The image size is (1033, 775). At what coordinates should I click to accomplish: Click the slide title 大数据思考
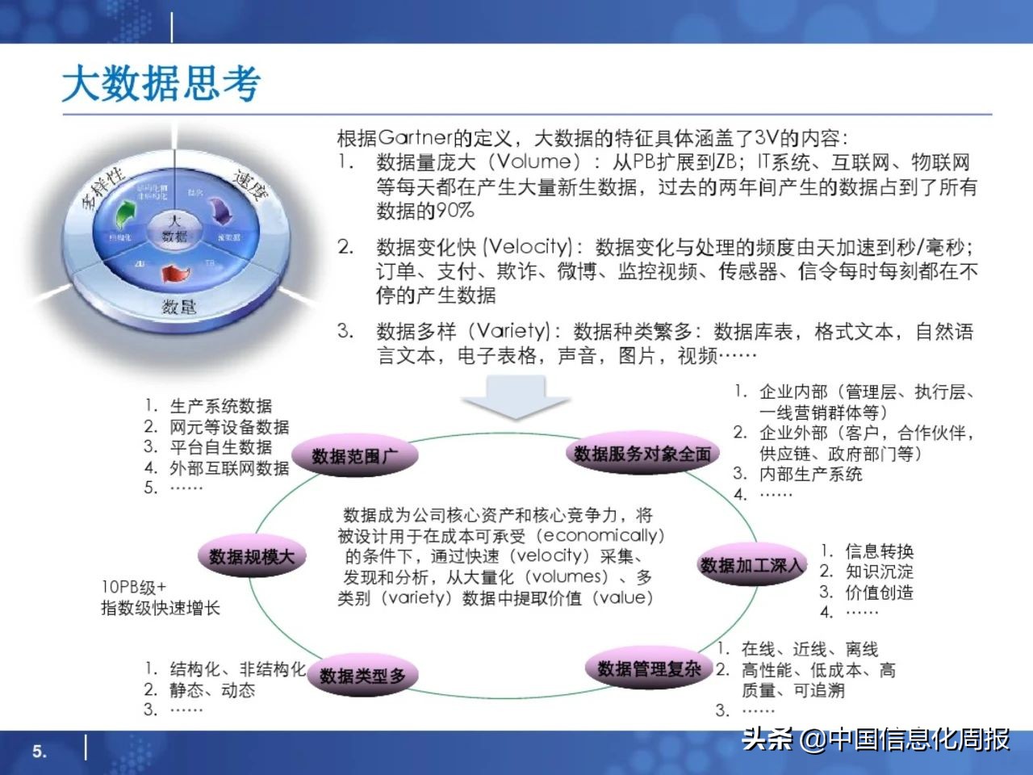click(161, 84)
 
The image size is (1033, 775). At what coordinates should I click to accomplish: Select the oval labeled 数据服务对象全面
click(642, 454)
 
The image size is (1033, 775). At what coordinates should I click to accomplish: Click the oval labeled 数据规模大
click(252, 556)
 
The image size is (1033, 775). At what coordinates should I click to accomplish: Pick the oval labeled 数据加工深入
click(751, 565)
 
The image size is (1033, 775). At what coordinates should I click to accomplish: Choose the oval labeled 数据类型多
click(362, 676)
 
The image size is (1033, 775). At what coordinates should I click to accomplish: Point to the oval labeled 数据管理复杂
click(649, 668)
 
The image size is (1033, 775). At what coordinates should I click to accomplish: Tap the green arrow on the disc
click(124, 214)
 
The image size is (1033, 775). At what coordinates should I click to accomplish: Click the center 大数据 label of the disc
click(174, 228)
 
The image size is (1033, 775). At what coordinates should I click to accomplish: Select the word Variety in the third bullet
click(511, 331)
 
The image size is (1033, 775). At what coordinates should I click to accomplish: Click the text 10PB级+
click(133, 587)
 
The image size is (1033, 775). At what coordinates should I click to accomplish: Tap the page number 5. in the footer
click(40, 752)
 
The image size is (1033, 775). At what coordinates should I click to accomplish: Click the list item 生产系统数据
click(220, 406)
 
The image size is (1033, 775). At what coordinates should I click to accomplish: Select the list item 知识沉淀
click(879, 572)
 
